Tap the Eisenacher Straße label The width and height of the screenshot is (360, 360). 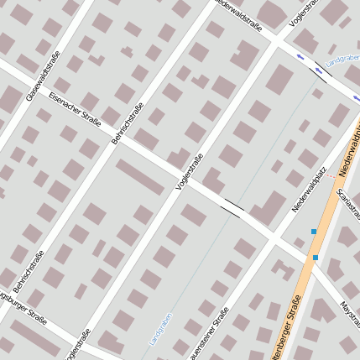pos(75,110)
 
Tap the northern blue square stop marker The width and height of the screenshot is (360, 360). pos(314,231)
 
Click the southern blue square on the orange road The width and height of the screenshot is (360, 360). pos(316,257)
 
